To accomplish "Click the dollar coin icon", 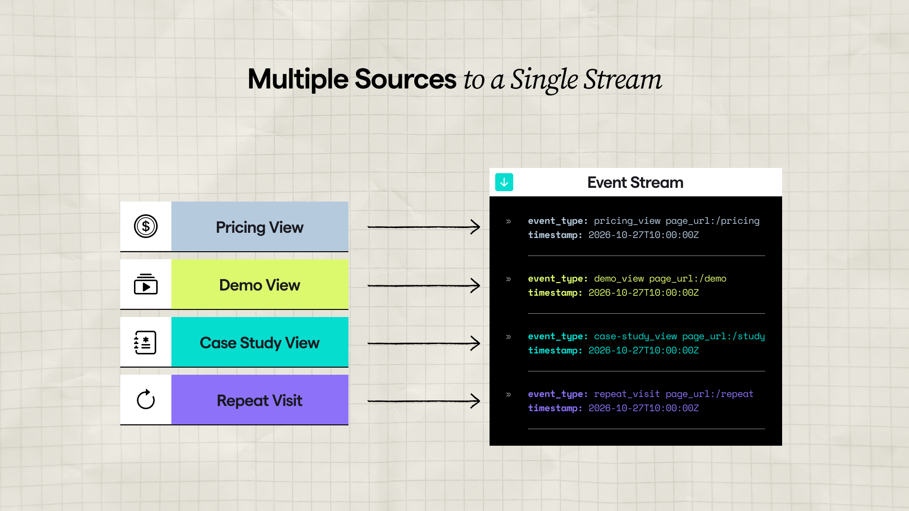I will [x=146, y=226].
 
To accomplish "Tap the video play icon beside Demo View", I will [x=146, y=284].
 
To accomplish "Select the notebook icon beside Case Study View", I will [x=145, y=342].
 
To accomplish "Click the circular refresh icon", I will [x=146, y=400].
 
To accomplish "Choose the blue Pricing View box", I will [x=259, y=227].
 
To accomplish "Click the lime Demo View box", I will [x=259, y=284].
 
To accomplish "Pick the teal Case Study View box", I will [x=259, y=342].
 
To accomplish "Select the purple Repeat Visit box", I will [x=259, y=400].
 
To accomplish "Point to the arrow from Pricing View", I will [x=424, y=227].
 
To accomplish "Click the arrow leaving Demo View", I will [x=424, y=285].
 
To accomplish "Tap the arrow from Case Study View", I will [x=424, y=343].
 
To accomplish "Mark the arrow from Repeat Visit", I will [x=424, y=401].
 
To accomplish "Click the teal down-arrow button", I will [x=504, y=182].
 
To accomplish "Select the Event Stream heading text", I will [x=635, y=182].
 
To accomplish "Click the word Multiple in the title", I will [x=298, y=79].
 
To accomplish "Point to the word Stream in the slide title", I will [x=623, y=79].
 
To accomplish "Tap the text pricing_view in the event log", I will [x=627, y=221].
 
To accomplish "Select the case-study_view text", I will [x=635, y=336].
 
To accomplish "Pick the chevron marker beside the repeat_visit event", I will [x=508, y=395].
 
